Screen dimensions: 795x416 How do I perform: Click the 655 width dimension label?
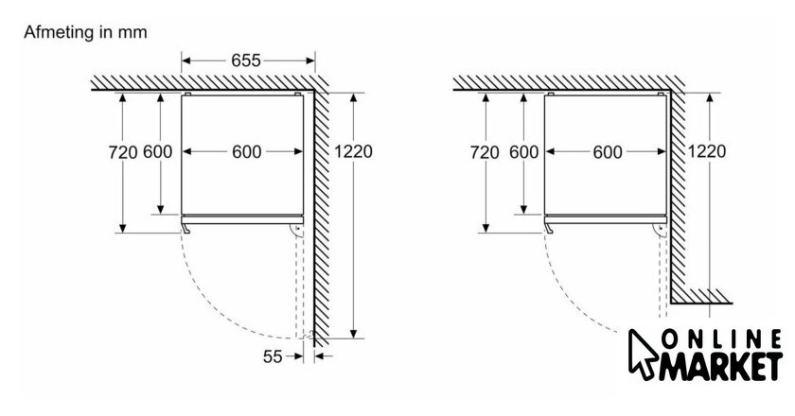click(x=246, y=61)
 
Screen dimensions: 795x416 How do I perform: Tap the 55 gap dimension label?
click(x=273, y=356)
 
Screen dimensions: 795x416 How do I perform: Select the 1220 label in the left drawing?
click(x=353, y=151)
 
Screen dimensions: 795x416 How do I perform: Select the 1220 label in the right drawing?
click(x=707, y=151)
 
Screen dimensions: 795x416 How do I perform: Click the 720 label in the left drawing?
click(x=123, y=152)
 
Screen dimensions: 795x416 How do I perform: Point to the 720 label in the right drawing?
click(x=485, y=152)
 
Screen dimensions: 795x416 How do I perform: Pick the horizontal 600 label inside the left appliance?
click(x=247, y=152)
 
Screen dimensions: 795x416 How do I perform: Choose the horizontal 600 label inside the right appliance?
click(x=608, y=152)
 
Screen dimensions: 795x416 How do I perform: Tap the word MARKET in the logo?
click(x=720, y=365)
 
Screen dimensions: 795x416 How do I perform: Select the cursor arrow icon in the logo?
click(x=643, y=355)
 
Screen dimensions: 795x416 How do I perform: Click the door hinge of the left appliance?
click(x=296, y=231)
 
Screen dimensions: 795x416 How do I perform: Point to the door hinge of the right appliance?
click(x=661, y=231)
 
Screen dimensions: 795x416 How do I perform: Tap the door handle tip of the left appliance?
click(x=186, y=231)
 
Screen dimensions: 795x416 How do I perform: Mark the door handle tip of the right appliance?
click(x=550, y=231)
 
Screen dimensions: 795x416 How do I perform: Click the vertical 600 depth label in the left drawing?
click(x=158, y=152)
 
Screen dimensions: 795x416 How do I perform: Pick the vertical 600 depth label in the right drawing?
click(x=523, y=152)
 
